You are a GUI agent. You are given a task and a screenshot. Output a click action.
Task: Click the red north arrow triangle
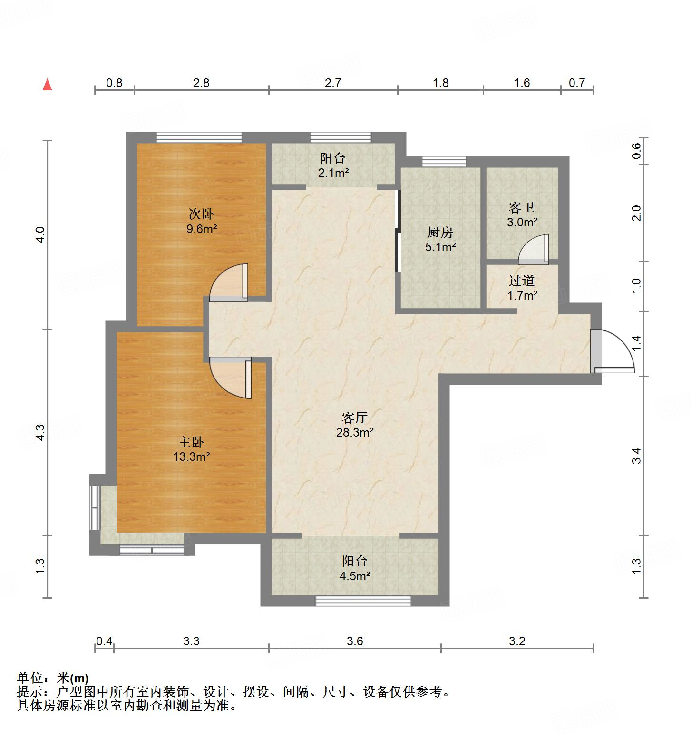pyautogui.click(x=47, y=85)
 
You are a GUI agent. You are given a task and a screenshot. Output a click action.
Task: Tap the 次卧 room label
pyautogui.click(x=201, y=214)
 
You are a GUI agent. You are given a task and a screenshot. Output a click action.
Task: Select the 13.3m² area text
pyautogui.click(x=192, y=457)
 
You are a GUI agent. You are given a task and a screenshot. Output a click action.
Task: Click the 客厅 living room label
pyautogui.click(x=354, y=418)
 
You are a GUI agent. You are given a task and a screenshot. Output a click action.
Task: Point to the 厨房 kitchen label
pyautogui.click(x=440, y=233)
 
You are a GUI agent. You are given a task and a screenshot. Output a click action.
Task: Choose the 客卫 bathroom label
pyautogui.click(x=522, y=208)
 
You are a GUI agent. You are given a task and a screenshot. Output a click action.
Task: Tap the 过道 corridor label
pyautogui.click(x=522, y=281)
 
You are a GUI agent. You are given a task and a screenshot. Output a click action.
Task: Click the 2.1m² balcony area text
pyautogui.click(x=333, y=173)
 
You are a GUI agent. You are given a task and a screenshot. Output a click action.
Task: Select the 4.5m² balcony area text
pyautogui.click(x=354, y=576)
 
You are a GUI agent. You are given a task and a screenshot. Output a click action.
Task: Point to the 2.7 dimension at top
pyautogui.click(x=333, y=83)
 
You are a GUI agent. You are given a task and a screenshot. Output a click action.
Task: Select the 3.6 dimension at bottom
pyautogui.click(x=354, y=641)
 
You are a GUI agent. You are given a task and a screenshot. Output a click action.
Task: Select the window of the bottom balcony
pyautogui.click(x=363, y=601)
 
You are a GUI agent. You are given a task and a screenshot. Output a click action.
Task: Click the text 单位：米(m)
pyautogui.click(x=53, y=678)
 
